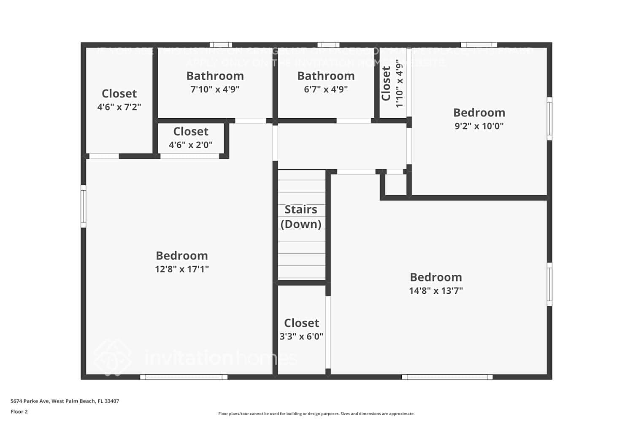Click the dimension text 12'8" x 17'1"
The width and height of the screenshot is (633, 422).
point(182,269)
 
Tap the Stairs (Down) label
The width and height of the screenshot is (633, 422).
point(301,216)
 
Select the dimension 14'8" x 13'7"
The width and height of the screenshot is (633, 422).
point(436,291)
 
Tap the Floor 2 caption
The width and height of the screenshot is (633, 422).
point(19,412)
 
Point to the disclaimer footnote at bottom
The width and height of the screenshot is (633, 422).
point(316,414)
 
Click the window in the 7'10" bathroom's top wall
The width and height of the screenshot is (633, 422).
point(221,45)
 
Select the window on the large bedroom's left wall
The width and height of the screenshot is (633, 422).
point(84,206)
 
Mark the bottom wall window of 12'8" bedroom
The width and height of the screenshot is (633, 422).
point(184,377)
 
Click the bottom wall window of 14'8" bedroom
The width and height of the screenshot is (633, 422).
point(447,377)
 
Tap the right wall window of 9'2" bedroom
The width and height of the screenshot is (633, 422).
point(549,119)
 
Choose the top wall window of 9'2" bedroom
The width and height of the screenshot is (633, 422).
point(479,45)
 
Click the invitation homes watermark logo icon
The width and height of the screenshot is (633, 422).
point(112,357)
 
